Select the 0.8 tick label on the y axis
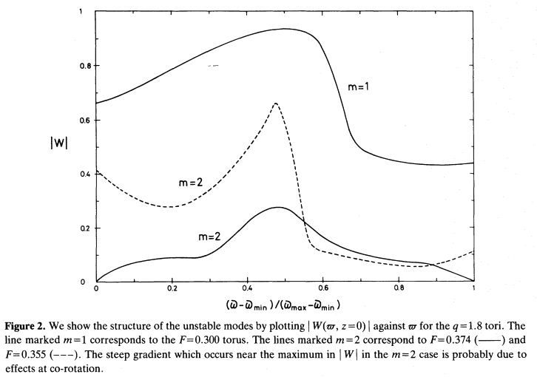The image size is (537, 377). click(x=84, y=67)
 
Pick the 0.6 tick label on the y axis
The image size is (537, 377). click(x=84, y=120)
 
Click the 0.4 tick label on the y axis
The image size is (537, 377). click(x=84, y=174)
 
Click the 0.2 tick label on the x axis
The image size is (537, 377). click(x=172, y=288)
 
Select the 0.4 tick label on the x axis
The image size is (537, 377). click(x=247, y=288)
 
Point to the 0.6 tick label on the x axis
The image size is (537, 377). click(x=322, y=288)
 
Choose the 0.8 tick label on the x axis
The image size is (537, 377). click(x=398, y=288)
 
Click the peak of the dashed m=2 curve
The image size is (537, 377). click(x=275, y=103)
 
